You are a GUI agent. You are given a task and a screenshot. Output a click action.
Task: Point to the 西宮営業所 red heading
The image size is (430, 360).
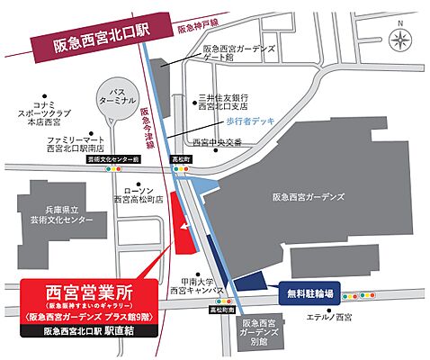point(88,293)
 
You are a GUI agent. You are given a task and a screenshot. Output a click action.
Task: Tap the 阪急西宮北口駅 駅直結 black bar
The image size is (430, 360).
point(88,330)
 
